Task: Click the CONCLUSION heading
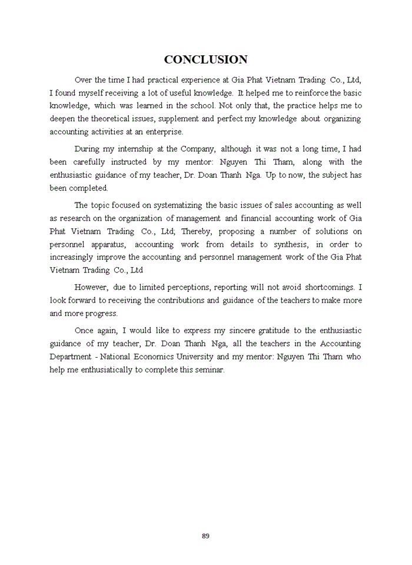click(x=205, y=59)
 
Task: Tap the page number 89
click(x=205, y=536)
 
